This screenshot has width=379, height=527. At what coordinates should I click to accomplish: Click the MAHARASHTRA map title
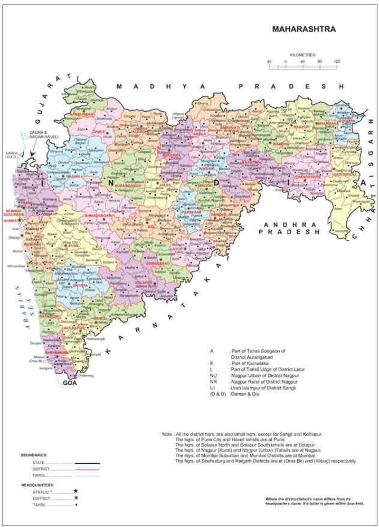tap(304, 30)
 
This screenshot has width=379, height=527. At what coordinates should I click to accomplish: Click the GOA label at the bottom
tap(70, 383)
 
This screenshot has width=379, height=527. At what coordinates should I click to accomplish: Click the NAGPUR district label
tap(301, 127)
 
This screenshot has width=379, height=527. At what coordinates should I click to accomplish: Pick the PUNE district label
tap(73, 245)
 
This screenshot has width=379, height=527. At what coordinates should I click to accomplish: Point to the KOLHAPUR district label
tap(74, 328)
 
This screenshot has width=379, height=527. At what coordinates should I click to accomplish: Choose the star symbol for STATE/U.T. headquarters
tap(75, 490)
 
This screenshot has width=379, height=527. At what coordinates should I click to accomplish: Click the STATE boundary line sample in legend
tap(87, 463)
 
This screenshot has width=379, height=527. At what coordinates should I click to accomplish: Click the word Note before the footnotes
tap(167, 434)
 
